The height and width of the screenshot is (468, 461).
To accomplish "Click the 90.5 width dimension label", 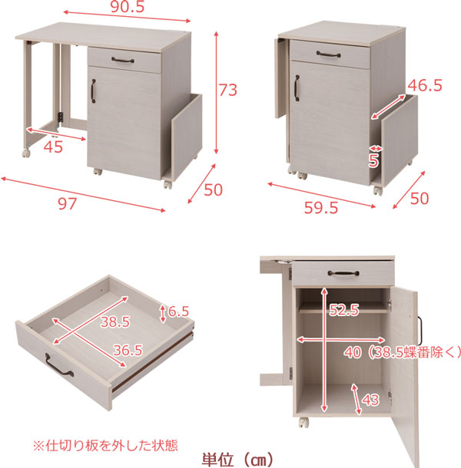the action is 128,7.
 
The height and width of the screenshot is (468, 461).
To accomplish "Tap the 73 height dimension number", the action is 228,90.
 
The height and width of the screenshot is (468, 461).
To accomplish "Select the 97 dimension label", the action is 68,204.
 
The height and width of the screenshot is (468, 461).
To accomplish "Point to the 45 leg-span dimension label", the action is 53,147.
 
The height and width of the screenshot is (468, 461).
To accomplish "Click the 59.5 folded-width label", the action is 321,207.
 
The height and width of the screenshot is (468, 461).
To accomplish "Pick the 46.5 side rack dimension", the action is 425,85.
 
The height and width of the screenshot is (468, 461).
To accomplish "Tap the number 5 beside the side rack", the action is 373,161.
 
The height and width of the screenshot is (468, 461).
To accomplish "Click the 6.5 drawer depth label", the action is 178,311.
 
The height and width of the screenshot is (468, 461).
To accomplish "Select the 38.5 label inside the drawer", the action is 115,321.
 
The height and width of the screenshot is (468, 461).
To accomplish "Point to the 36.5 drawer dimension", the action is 128,350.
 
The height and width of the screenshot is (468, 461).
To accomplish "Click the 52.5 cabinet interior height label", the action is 344,310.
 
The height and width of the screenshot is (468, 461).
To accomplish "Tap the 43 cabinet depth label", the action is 370,400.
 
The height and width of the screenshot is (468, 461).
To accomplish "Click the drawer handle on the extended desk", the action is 123,61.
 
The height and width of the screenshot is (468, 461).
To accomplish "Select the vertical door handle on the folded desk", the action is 297,88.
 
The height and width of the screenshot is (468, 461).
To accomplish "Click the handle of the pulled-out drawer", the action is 59,366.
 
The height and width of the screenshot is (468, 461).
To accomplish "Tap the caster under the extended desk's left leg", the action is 26,153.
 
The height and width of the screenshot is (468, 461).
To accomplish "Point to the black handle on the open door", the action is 419,331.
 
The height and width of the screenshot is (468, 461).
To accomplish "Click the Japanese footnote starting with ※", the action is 105,446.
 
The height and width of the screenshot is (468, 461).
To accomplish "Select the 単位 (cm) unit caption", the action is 238,460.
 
